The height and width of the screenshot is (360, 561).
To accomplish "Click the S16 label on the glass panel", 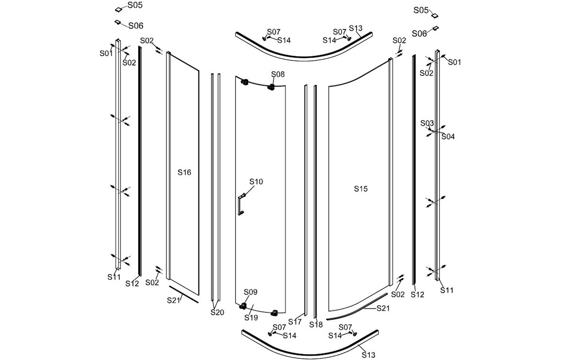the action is [184, 172].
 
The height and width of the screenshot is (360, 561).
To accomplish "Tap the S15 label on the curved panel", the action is [361, 189].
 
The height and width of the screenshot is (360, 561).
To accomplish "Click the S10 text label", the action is [256, 182].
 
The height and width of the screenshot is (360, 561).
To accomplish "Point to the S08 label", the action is [278, 74].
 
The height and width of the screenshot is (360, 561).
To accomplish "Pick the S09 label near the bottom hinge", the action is [250, 292].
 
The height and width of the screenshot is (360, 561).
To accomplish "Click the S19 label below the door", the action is [251, 317].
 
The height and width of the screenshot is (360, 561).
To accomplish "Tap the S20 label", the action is [217, 312].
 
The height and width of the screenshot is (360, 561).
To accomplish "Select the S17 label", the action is [295, 322].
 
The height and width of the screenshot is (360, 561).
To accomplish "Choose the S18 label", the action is [316, 325].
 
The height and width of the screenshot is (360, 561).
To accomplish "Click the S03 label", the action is [427, 123].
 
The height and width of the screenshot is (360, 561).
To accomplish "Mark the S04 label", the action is [448, 136].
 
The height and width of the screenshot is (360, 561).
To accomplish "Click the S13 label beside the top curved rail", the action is [356, 28].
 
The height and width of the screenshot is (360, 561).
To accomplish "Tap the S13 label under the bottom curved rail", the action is [368, 355].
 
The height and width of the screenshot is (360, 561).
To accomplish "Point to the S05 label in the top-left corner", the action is [135, 5].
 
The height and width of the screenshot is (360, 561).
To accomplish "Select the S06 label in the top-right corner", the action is [419, 33].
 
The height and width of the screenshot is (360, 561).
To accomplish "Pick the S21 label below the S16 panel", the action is [174, 300].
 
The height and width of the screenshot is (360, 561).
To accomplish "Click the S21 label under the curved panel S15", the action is [383, 308].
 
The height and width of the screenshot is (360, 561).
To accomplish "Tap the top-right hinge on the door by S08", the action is [271, 87].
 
